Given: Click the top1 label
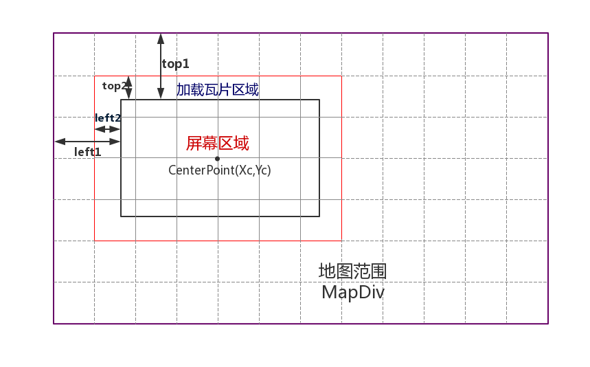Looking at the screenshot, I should point(175,64).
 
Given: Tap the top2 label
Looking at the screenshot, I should point(113,86).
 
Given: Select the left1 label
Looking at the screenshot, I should point(87,152).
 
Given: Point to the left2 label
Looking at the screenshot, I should point(108,118).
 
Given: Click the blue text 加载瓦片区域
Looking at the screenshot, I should point(218,90).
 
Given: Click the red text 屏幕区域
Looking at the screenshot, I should point(217,144).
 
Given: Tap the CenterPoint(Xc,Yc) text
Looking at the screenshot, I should point(220,170).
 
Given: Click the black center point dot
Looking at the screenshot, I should point(217,159).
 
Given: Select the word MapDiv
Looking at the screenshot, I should point(352,292).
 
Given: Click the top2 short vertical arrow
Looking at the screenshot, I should point(128,87).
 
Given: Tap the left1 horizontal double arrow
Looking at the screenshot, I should point(87,142).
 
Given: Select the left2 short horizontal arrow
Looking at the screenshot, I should point(108,129).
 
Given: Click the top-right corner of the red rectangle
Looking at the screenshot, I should point(341,76).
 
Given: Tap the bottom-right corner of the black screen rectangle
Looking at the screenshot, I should point(319,216).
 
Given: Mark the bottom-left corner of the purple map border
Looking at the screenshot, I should point(54,324).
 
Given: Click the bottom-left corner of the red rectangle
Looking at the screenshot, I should point(95,241).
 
